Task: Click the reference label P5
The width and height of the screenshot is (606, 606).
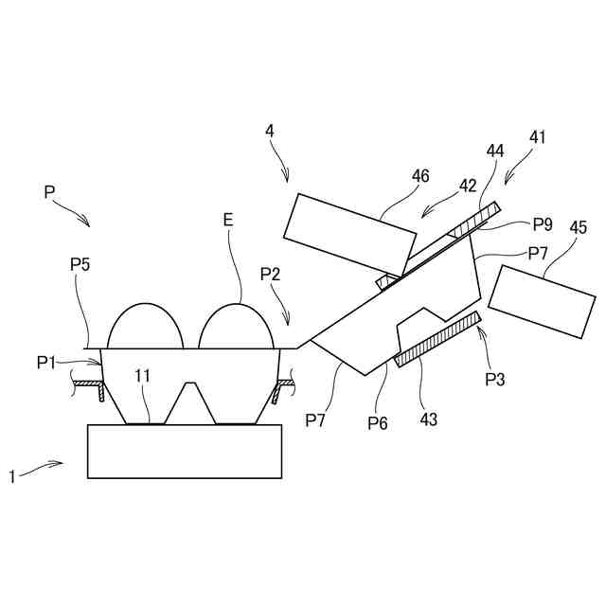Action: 80,264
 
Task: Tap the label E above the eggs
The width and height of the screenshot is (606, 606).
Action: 227,219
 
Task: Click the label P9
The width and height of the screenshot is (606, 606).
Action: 543,224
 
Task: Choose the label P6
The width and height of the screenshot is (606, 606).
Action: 378,422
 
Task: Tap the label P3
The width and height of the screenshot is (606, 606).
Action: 494,379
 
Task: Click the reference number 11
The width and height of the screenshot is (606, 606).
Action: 142,376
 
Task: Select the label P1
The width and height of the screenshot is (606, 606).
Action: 47,361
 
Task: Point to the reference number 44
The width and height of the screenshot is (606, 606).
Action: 495,151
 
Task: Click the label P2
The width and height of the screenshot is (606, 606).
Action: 271,274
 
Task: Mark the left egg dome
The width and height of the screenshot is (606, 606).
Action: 146,328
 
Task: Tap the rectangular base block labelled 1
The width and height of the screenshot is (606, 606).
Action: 185,452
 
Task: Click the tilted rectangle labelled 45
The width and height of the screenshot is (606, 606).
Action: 542,300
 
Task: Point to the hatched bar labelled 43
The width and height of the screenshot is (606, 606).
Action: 438,339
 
